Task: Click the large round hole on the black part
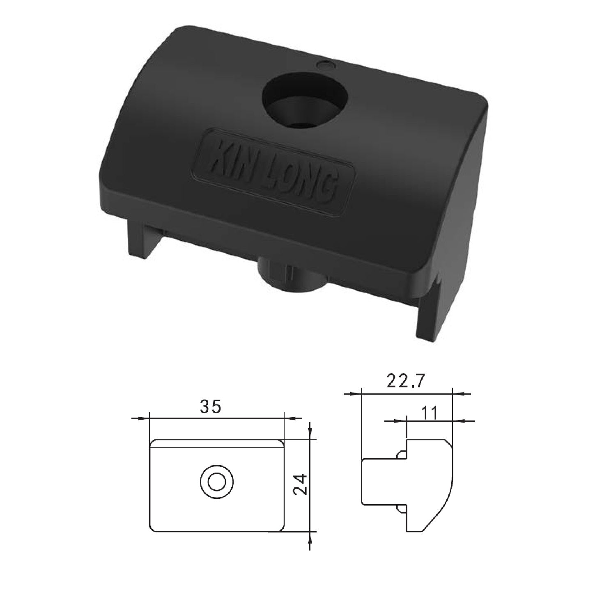pos(304,100)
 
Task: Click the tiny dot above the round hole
pos(324,65)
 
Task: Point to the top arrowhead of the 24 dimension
pos(310,434)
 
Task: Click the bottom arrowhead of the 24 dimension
pos(310,538)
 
